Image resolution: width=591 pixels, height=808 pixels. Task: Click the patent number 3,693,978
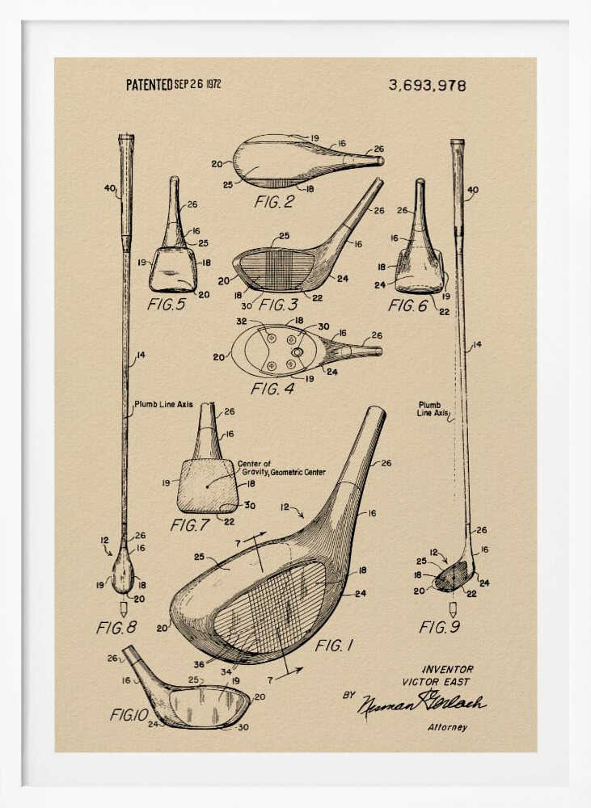[427, 85]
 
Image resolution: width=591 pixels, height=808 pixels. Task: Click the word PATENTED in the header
[149, 84]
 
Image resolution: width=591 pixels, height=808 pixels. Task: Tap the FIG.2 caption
[275, 202]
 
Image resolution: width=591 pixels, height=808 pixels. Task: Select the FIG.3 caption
[279, 305]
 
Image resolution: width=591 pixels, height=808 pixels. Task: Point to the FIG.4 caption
[272, 389]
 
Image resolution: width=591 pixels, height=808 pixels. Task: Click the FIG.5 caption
[167, 305]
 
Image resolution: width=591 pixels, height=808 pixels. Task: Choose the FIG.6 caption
[407, 305]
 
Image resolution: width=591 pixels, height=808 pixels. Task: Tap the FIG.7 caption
[190, 525]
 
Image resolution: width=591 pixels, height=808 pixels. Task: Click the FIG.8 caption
[116, 627]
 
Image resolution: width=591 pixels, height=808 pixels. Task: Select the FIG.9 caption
[440, 627]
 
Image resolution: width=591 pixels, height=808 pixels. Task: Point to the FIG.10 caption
[129, 714]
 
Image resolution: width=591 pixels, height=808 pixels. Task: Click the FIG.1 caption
[335, 646]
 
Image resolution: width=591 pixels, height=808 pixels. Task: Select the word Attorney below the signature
[447, 727]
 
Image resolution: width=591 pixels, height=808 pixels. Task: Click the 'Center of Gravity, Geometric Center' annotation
[281, 469]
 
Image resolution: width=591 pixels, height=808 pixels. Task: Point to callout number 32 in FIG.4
[241, 321]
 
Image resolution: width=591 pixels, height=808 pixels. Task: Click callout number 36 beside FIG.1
[199, 664]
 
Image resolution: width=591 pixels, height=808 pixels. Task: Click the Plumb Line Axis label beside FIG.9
[433, 409]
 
